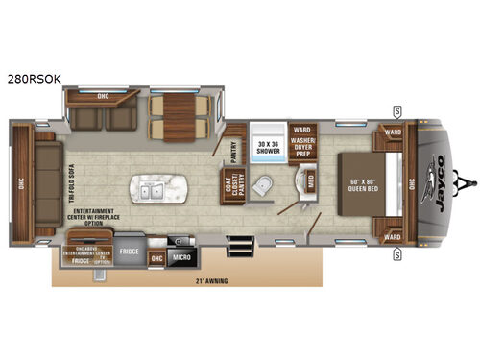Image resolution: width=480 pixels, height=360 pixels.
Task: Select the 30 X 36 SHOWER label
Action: coord(270,147)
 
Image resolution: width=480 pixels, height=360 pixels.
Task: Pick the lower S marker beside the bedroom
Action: coord(396,254)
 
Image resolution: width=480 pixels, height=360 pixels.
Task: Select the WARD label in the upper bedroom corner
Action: coord(391,132)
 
